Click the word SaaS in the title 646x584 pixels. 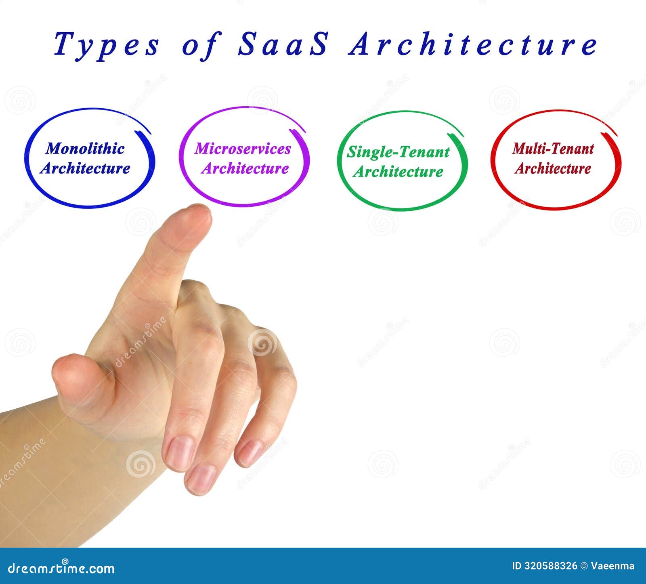283,44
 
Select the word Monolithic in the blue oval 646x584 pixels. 85,148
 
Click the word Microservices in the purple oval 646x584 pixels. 242,148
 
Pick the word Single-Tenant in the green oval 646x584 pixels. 398,152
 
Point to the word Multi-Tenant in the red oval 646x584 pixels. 553,148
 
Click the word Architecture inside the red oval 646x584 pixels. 553,168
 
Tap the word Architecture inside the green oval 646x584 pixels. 398,172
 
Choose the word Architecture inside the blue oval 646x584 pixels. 85,168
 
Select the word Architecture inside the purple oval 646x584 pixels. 245,168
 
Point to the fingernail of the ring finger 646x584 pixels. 201,479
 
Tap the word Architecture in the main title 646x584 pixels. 472,44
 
